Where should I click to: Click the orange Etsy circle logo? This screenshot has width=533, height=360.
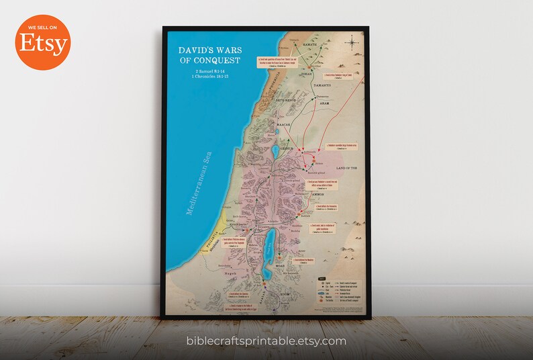click(x=44, y=43)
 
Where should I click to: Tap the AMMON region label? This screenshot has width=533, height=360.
click(x=309, y=193)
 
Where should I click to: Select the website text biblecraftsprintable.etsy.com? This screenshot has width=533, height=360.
click(x=266, y=341)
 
